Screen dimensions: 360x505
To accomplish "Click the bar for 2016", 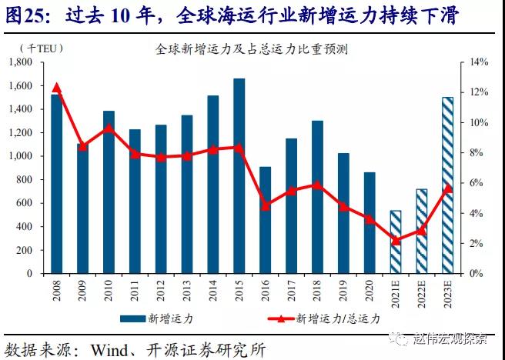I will [265, 220].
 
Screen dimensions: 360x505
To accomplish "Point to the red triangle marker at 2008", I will [56, 88].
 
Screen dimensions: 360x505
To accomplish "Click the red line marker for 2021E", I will [395, 240].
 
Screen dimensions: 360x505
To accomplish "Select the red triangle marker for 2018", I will [317, 185].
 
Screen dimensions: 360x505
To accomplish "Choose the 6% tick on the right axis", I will [477, 183].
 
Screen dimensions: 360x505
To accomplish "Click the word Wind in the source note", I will [113, 348].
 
